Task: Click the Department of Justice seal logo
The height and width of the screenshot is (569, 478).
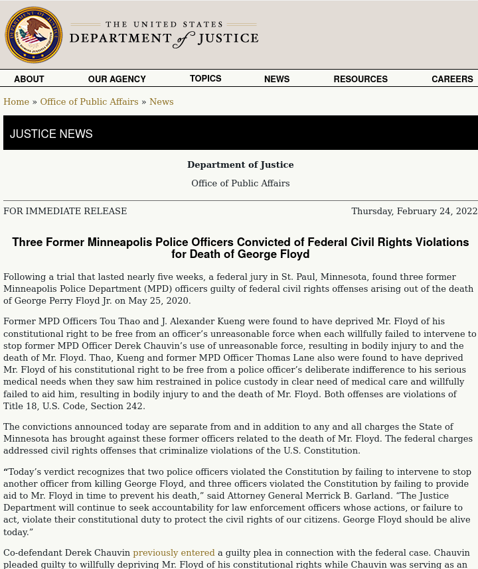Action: (34, 35)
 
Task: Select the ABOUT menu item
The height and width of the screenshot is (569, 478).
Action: (29, 79)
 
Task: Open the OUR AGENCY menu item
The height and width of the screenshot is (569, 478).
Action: (117, 79)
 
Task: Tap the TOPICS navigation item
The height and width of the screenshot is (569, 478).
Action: (206, 78)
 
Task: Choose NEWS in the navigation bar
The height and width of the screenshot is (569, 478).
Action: (277, 79)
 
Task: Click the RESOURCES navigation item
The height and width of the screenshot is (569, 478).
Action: (360, 79)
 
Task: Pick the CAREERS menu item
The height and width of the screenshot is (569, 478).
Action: (452, 79)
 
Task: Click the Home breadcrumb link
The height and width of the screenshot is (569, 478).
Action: (16, 101)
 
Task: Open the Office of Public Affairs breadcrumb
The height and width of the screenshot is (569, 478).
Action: (89, 101)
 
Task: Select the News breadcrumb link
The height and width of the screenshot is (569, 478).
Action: (161, 101)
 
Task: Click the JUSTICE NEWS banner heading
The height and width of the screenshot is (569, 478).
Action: (51, 134)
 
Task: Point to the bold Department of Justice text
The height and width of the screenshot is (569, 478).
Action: (240, 164)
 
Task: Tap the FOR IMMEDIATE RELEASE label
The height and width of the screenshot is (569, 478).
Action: (65, 211)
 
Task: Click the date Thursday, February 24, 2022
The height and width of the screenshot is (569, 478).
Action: (414, 211)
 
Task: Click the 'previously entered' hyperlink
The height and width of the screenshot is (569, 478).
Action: (174, 552)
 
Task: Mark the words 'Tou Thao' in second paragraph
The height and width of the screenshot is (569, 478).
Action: (119, 322)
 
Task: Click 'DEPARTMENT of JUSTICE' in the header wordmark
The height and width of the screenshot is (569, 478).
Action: (164, 38)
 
